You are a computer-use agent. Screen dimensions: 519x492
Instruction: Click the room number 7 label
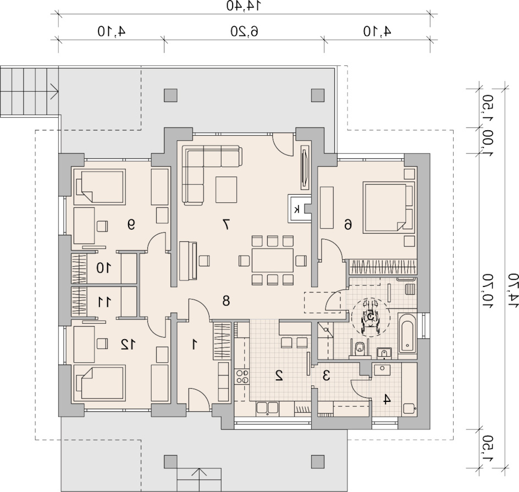point(226,225)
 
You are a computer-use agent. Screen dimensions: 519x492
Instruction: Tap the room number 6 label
point(347,225)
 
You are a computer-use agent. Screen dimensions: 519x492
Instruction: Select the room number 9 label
point(131,225)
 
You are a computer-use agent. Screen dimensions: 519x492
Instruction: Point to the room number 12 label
point(128,345)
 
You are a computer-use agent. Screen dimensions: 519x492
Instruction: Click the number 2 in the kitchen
point(279,375)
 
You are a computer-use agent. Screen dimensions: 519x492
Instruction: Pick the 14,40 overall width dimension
point(244,5)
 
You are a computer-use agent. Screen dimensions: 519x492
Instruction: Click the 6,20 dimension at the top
point(244,31)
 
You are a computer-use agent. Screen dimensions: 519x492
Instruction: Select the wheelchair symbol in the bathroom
point(371,317)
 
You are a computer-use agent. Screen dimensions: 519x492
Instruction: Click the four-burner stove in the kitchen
point(242,377)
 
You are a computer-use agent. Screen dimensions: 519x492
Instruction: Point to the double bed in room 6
point(389,207)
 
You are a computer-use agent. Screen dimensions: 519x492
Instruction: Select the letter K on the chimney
point(297,209)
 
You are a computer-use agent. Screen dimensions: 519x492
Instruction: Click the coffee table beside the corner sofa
point(226,190)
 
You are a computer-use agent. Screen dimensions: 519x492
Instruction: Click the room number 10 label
point(103,268)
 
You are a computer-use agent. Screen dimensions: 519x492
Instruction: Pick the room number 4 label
point(387,399)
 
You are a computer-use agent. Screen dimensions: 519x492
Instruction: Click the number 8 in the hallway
point(226,301)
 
